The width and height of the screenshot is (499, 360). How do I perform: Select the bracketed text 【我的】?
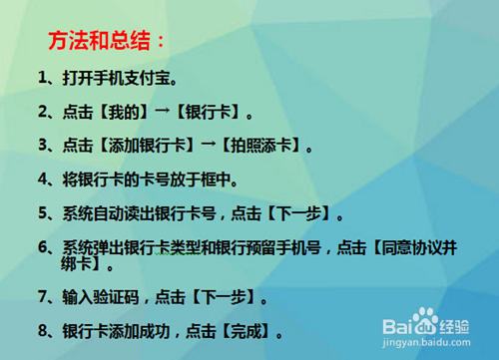(x=123, y=111)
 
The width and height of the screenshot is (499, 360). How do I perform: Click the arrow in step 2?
(x=164, y=111)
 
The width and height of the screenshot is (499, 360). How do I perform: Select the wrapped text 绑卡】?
(x=84, y=265)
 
